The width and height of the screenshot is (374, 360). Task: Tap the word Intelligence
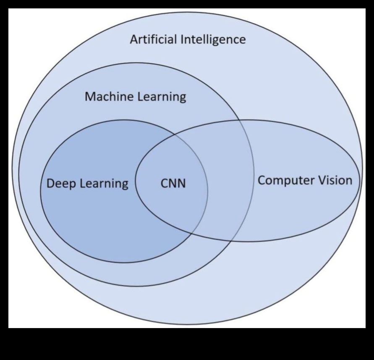click(x=213, y=40)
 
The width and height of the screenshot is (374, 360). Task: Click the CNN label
click(x=173, y=184)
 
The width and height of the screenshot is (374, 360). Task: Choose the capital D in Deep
click(x=50, y=184)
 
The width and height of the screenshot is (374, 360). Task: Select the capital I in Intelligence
click(x=182, y=40)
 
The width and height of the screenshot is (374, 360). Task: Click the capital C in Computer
click(x=262, y=181)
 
